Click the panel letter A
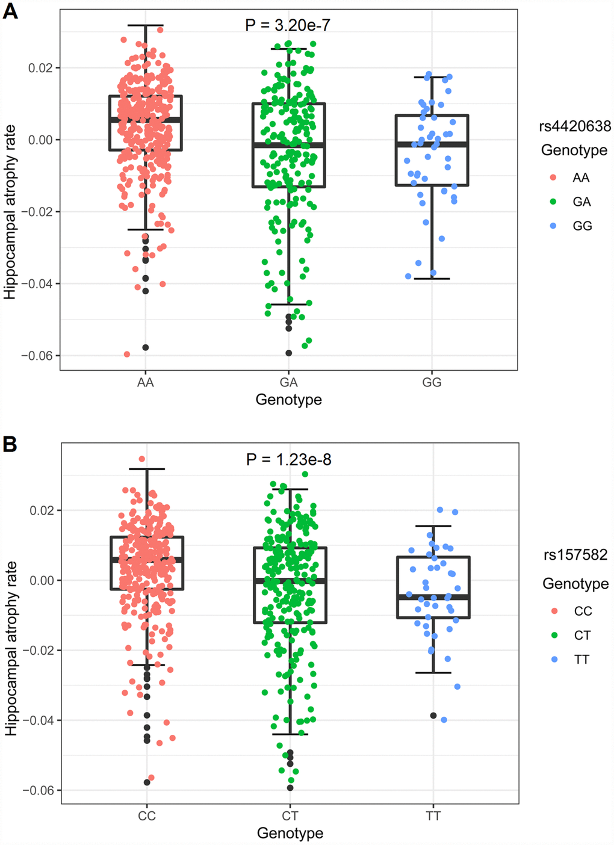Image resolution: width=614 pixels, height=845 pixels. click(x=10, y=11)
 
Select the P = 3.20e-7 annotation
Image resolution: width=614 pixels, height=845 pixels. click(x=288, y=25)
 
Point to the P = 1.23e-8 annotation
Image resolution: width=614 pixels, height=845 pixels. click(x=289, y=460)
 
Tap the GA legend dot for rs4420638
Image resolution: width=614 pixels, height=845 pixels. click(x=553, y=202)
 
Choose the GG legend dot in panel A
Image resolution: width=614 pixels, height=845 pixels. click(x=553, y=226)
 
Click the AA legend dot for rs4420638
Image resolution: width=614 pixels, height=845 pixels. click(x=553, y=178)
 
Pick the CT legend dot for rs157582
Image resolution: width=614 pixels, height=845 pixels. click(x=554, y=635)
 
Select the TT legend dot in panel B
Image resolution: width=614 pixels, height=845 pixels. click(x=554, y=660)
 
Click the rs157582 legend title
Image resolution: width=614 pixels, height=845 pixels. click(x=575, y=555)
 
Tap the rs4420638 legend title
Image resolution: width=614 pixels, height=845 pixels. click(x=575, y=126)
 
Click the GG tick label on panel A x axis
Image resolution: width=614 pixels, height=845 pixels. click(x=432, y=382)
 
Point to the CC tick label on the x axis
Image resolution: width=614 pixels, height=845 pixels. click(x=147, y=816)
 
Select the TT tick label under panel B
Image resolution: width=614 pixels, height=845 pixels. click(x=433, y=816)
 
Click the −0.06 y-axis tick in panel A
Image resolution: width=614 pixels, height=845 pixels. click(x=37, y=356)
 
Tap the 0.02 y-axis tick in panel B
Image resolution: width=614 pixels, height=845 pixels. click(x=42, y=510)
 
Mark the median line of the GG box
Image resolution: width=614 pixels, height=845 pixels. click(x=432, y=144)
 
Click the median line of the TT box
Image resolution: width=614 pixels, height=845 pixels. click(x=433, y=597)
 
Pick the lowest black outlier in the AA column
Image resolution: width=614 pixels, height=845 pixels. click(x=146, y=347)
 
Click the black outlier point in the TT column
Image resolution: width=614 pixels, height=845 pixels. click(x=433, y=716)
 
